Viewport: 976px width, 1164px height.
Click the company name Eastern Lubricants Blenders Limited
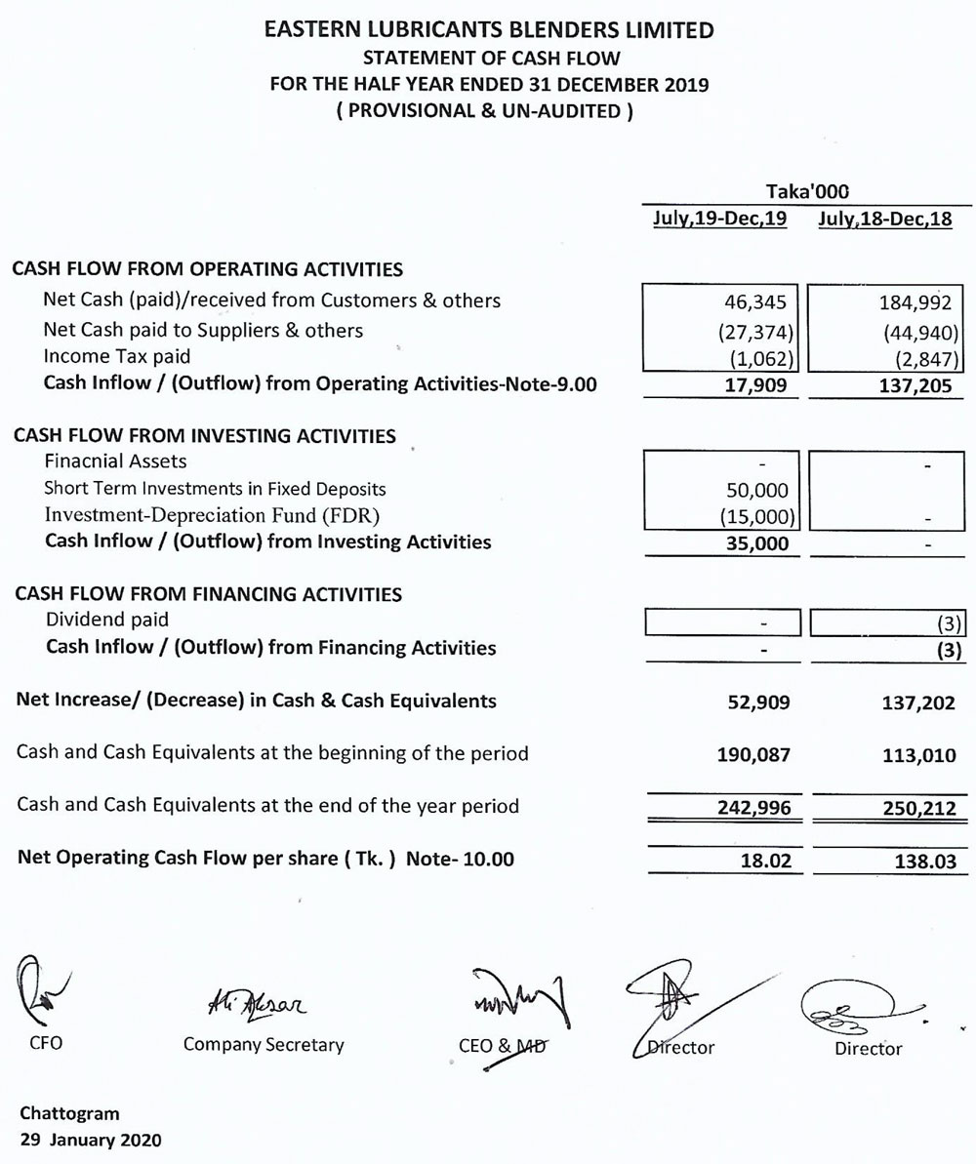(488, 31)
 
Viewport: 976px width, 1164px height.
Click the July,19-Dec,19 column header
(719, 220)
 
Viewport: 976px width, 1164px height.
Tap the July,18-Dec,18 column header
(885, 220)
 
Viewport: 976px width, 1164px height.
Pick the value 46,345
(757, 301)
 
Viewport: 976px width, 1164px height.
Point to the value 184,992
(916, 301)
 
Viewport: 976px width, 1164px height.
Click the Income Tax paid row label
(117, 356)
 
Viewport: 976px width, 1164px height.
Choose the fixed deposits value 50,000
(757, 490)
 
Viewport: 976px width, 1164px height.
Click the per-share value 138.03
(923, 861)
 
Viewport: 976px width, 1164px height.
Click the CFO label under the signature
(47, 1044)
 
